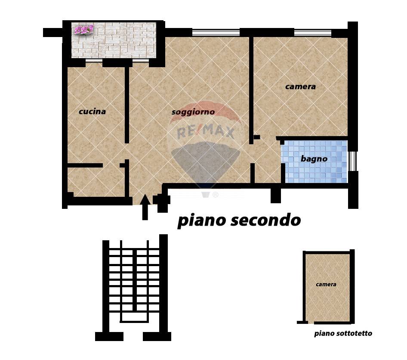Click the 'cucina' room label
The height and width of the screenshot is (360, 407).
92,112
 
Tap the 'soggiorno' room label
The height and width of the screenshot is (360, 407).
193,112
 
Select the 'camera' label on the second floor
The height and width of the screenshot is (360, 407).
300,87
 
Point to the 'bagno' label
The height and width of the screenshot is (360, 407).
314,159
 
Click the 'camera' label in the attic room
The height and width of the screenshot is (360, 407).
326,284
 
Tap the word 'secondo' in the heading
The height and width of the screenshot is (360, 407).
265,220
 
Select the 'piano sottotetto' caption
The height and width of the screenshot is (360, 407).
343,333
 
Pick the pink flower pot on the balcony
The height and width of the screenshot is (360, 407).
83,30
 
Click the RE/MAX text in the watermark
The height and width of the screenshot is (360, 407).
206,132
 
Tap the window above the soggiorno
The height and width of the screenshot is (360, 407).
216,33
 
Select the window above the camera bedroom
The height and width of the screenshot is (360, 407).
313,33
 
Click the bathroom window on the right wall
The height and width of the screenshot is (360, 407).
352,161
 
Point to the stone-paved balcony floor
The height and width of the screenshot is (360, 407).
114,40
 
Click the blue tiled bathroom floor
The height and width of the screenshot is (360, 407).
316,161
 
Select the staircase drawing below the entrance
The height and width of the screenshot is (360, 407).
133,288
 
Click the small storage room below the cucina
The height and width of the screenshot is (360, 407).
96,182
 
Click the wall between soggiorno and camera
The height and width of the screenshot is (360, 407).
251,90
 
